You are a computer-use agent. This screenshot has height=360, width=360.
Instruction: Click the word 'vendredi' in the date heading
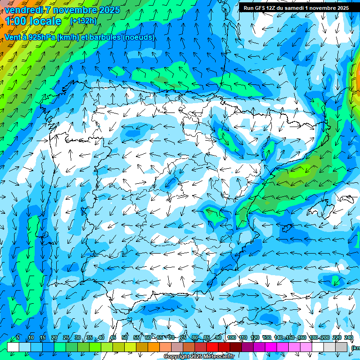coord(23,10)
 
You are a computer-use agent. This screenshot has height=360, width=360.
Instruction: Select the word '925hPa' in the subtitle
coord(42,37)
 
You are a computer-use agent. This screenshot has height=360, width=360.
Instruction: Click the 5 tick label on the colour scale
coord(17,338)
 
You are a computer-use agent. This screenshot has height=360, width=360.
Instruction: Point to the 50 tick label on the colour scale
coord(125,338)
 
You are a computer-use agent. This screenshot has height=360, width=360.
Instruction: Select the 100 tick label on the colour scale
coord(231,338)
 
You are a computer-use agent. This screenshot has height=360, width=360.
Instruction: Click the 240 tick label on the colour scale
coord(349,338)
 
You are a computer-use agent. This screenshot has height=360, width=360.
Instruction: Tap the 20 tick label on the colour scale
coord(54,338)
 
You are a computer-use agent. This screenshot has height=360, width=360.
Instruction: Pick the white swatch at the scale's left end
coord(13,347)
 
